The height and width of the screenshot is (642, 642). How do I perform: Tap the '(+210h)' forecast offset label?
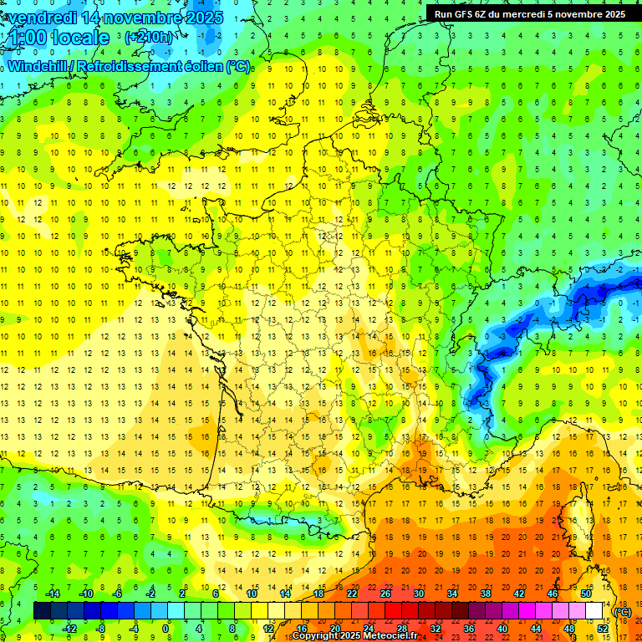coord(150,38)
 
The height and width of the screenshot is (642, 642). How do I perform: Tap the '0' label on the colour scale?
coord(166,629)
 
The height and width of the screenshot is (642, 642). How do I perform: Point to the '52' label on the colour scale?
coord(603,629)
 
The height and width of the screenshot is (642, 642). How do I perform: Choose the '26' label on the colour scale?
coord(385,594)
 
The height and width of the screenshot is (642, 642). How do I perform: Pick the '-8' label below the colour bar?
coord(100,629)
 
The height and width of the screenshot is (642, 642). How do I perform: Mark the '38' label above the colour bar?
coord(485,594)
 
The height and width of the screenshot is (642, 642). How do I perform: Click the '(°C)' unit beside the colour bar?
coord(623,612)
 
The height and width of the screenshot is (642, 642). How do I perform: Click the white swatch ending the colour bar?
coord(594,611)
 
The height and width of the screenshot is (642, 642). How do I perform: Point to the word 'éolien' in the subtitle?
coord(201,66)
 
